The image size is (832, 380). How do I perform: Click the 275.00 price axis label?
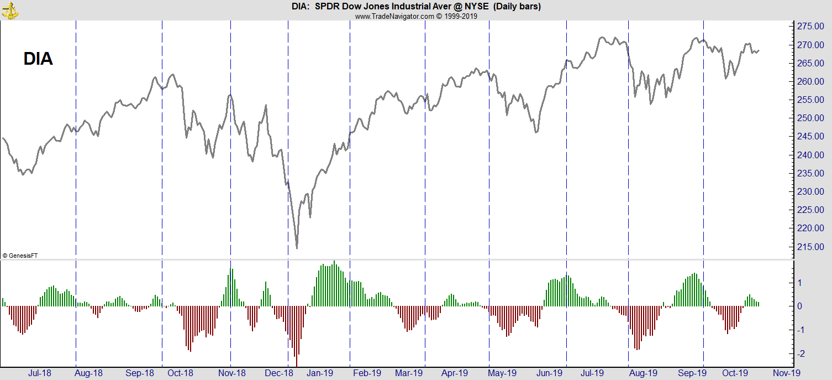point(811,27)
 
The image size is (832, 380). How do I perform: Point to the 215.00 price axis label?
point(811,247)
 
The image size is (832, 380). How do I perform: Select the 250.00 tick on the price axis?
point(811,118)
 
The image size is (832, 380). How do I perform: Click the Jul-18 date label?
point(39,373)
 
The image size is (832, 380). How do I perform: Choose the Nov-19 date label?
point(783,373)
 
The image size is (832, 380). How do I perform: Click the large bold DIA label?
point(38,59)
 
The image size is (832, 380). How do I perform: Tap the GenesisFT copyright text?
point(20,256)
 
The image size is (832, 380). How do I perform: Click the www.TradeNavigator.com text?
point(394,16)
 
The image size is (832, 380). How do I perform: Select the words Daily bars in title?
point(517,7)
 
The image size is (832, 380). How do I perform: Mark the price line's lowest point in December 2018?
point(297,247)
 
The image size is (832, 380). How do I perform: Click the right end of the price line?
point(759,51)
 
